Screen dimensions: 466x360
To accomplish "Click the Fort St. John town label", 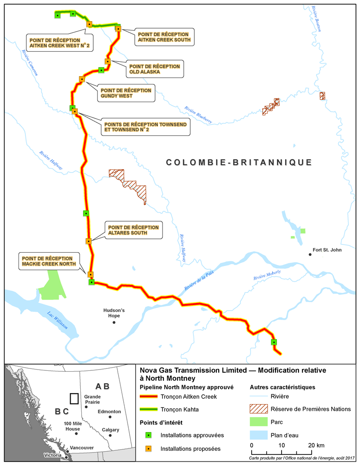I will pos(328,250).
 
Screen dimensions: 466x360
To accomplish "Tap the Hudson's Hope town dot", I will pos(114,322).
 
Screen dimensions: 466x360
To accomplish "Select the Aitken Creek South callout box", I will pos(163,37).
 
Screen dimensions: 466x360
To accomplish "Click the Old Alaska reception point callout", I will pos(155,69).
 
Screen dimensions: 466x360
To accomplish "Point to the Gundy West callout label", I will pos(126,93).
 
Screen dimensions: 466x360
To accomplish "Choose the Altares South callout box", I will pos(133,230).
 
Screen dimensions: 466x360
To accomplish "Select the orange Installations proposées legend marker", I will pos(148,448).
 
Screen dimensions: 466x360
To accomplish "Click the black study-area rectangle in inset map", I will pos(73,398).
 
